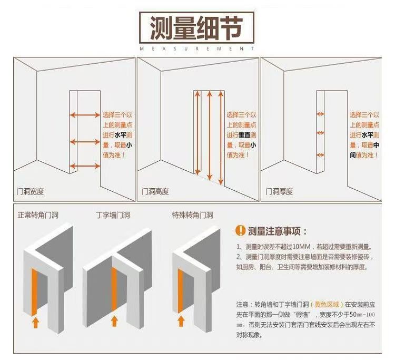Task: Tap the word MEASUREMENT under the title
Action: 197,48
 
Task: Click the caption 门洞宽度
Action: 30,191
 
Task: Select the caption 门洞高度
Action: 155,191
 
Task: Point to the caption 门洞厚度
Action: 279,191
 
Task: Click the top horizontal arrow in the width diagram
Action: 85,114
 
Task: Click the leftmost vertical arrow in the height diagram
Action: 197,132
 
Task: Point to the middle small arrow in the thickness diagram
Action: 320,134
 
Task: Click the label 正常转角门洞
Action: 38,216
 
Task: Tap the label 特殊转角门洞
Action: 192,216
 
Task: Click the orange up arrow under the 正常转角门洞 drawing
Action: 35,322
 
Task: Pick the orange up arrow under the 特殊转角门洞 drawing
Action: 181,320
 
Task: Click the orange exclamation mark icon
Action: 240,231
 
